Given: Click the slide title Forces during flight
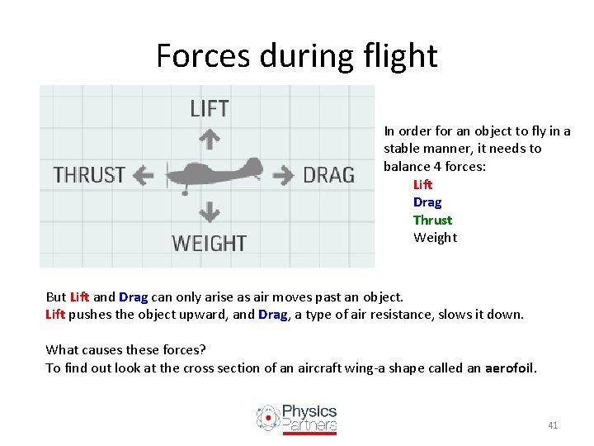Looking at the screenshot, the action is coord(296,56).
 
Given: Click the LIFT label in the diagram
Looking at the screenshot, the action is coord(210,108).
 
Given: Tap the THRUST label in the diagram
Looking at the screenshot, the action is coord(89,175).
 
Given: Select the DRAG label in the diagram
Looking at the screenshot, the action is coord(328,175).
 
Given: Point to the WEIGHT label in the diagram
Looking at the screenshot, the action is coord(209,243).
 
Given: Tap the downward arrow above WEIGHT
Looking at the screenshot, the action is coord(210,212).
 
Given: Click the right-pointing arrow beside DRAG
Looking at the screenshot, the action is coord(284,174).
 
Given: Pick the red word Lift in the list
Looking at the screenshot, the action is coord(422,184).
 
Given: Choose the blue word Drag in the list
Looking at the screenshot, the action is coord(427,202).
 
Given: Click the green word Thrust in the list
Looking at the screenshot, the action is coord(432,220).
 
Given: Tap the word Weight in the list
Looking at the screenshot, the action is coord(435,238).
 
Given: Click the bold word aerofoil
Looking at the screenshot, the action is coord(510,368).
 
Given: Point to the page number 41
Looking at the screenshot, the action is coord(553,425).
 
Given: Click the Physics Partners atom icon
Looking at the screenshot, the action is coord(267,418).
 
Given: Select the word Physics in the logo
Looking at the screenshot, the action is coord(309,411).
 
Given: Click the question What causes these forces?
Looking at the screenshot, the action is coord(125,349).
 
